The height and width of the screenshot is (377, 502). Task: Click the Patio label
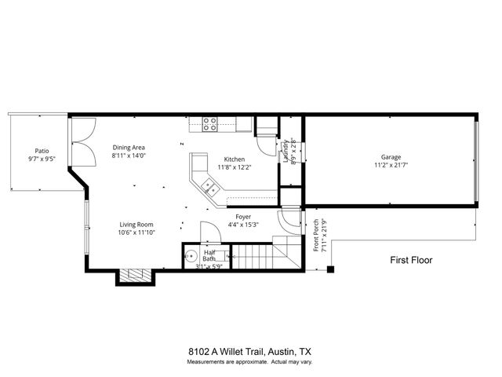pyautogui.click(x=42, y=151)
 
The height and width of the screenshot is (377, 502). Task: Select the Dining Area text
pyautogui.click(x=129, y=147)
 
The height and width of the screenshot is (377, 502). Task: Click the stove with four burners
pyautogui.click(x=210, y=123)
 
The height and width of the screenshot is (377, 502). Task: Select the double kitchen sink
pyautogui.click(x=209, y=187)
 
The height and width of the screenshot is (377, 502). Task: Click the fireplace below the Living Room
pyautogui.click(x=135, y=276)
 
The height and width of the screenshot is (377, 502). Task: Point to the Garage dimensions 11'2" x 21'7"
pyautogui.click(x=391, y=166)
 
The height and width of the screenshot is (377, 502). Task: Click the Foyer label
pyautogui.click(x=243, y=216)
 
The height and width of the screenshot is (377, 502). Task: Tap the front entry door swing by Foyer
pyautogui.click(x=291, y=219)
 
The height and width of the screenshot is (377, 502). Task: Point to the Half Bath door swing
pyautogui.click(x=209, y=232)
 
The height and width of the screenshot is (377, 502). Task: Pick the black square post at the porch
pyautogui.click(x=330, y=269)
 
